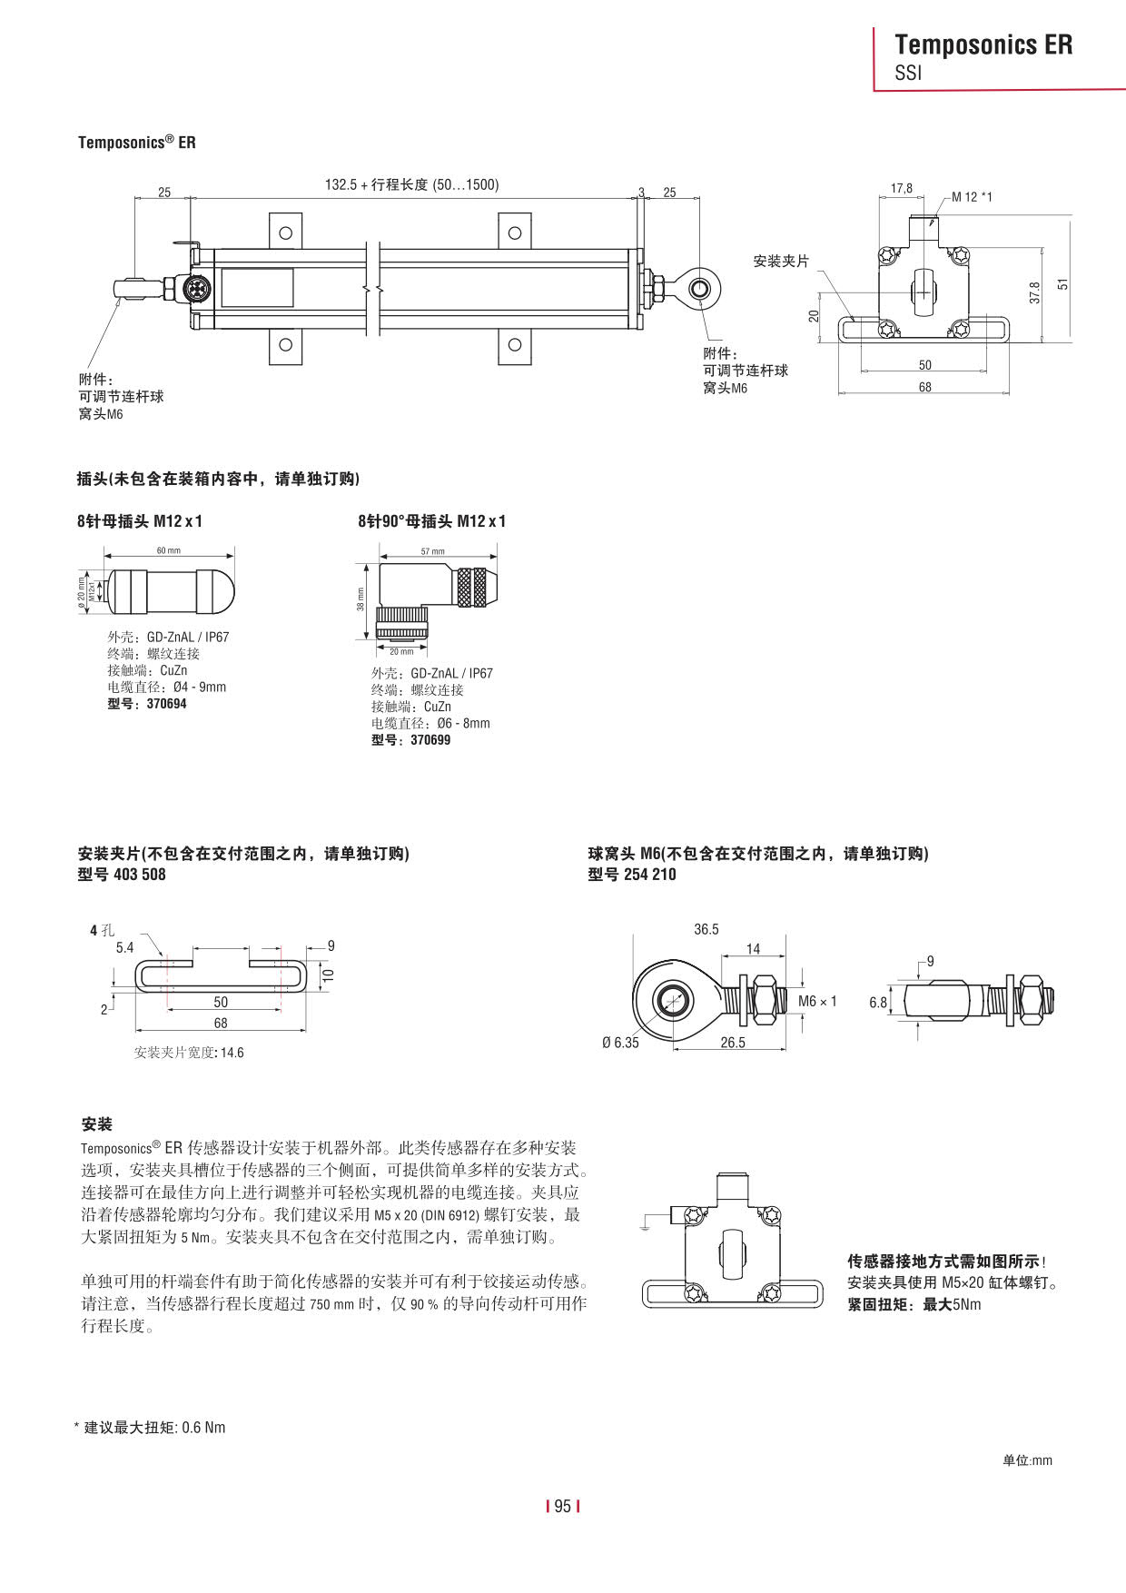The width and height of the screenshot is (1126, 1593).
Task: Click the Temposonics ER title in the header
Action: tap(983, 45)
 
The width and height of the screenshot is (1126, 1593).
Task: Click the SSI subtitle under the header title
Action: tap(908, 74)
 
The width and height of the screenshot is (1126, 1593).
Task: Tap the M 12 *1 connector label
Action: tap(972, 197)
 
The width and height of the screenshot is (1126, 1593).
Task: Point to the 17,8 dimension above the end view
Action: tap(901, 188)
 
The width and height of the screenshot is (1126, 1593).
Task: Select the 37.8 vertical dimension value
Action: tap(1034, 292)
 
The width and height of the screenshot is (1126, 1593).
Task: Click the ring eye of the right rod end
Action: tap(700, 289)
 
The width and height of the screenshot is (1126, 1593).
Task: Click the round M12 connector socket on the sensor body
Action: tap(195, 289)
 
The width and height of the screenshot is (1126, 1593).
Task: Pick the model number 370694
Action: tap(166, 704)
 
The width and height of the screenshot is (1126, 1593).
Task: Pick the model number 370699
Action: tap(430, 740)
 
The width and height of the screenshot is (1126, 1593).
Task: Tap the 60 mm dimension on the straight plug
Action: tap(169, 550)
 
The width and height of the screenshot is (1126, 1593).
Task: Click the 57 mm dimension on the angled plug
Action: tap(432, 551)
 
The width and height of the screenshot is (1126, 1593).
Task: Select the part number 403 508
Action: tap(140, 875)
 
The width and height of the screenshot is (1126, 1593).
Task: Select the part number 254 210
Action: tap(650, 875)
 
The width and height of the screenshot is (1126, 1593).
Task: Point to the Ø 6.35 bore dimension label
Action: tap(620, 1043)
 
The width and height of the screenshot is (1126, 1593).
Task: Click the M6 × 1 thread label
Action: tap(817, 1001)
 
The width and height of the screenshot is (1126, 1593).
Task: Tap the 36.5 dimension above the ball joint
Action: tap(706, 929)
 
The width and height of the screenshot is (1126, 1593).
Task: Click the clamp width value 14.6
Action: tap(232, 1053)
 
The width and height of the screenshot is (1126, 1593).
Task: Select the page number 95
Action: tap(562, 1506)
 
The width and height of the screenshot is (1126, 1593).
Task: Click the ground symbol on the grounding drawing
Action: tap(645, 1228)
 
